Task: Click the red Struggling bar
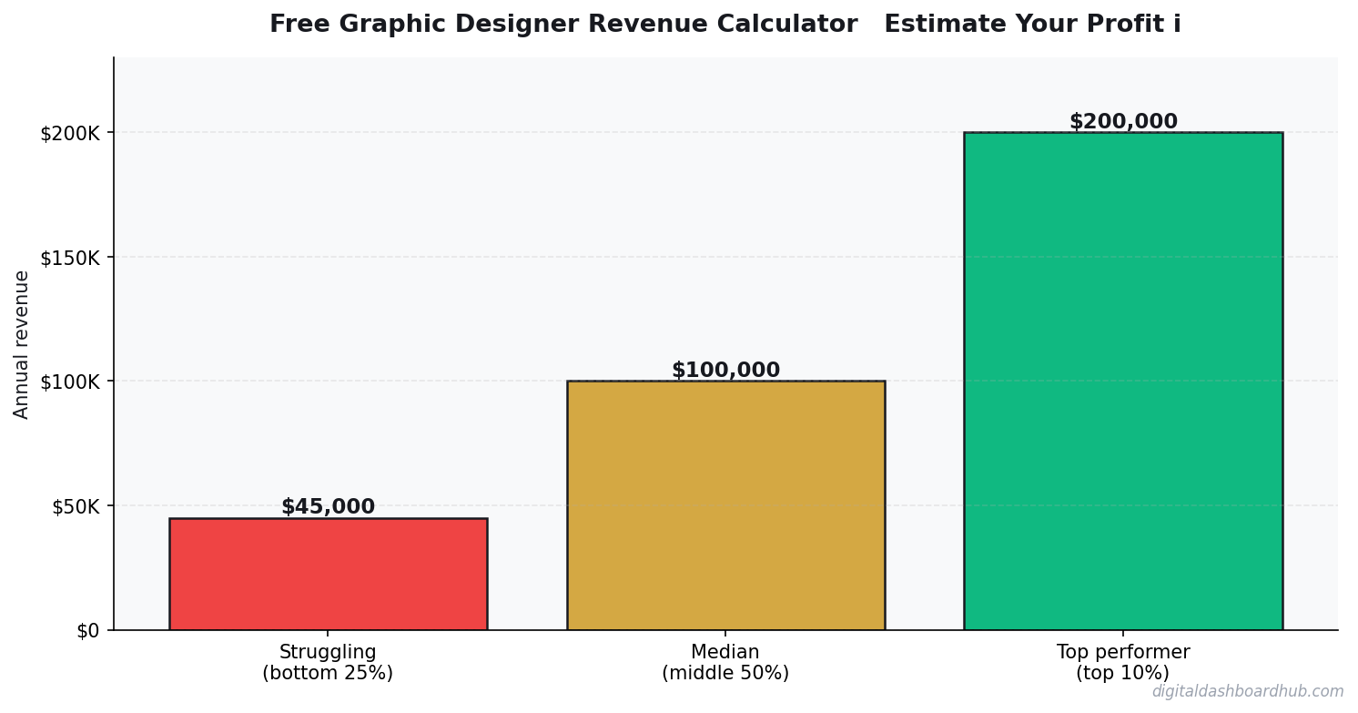click(328, 574)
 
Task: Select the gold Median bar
click(725, 505)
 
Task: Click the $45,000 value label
click(328, 507)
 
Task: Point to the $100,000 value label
click(725, 371)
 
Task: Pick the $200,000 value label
click(1122, 122)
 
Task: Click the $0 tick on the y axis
click(88, 630)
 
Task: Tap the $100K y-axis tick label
click(69, 382)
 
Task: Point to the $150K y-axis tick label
click(69, 257)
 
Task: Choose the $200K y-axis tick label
click(69, 133)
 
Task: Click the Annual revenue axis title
click(22, 344)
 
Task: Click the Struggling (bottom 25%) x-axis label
click(328, 663)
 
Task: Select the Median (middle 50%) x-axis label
click(725, 663)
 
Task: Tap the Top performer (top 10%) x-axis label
click(1122, 663)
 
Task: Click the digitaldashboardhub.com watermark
click(1247, 692)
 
